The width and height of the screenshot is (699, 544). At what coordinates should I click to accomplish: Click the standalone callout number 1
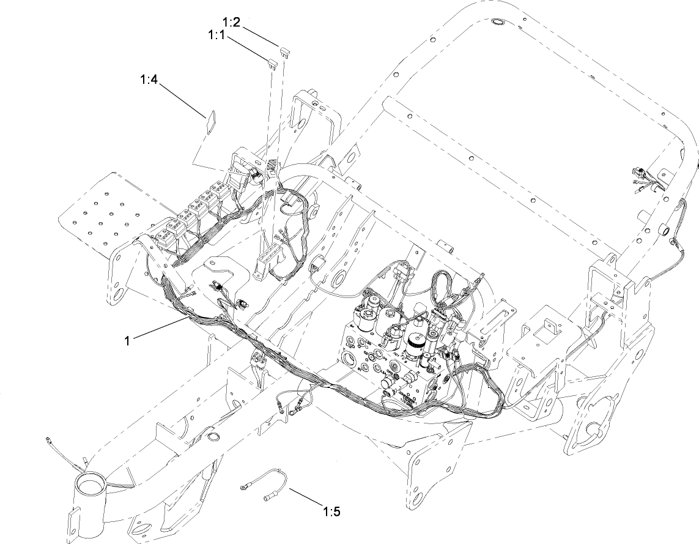127,340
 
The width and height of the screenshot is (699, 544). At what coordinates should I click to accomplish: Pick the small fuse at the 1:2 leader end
283,53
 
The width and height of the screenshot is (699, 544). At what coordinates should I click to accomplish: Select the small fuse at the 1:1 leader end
270,61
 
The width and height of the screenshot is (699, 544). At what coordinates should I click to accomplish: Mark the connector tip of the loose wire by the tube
48,439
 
